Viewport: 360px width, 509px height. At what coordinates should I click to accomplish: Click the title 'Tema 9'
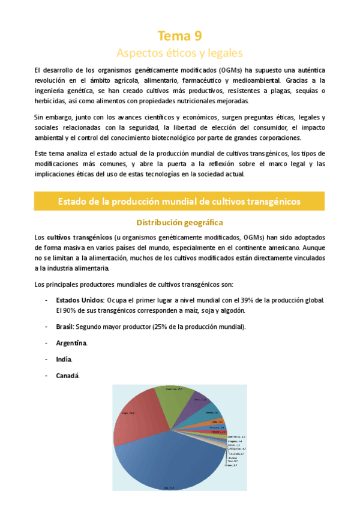pos(179,35)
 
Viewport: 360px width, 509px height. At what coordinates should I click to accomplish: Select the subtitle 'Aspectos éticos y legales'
pos(179,52)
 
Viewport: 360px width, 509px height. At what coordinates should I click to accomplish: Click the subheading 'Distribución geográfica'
pos(179,222)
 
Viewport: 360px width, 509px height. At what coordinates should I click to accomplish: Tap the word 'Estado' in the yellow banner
pos(73,201)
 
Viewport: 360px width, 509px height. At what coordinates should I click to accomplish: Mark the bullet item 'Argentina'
pos(71,343)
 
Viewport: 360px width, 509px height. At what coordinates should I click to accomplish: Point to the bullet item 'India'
pos(64,359)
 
